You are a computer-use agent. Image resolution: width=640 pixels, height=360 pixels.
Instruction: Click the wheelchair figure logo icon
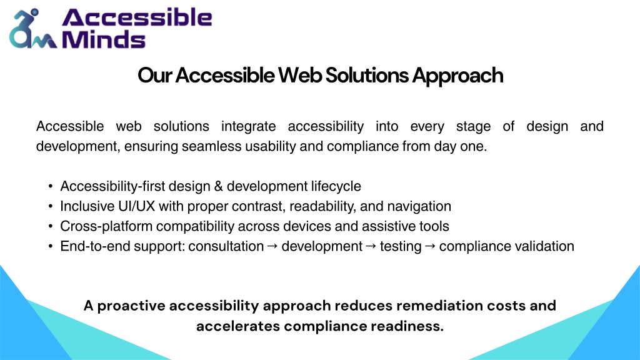coord(32,29)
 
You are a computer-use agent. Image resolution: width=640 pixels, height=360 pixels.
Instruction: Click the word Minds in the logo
coord(104,39)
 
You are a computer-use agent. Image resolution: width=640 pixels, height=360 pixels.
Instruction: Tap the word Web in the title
coord(300,76)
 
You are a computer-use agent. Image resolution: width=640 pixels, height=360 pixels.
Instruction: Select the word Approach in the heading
coord(457,76)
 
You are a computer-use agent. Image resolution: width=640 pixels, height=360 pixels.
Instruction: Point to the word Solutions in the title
coord(367,76)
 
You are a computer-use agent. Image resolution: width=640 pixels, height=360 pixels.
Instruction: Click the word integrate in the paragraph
coord(249,126)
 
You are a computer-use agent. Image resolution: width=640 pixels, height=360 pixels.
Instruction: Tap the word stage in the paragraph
coord(474,127)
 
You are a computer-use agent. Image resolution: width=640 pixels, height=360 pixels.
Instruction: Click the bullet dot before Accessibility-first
coord(50,186)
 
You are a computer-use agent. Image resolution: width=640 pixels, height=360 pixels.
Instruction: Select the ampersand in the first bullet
coord(218,186)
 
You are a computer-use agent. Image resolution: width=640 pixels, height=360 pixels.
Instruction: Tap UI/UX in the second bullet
coord(137,206)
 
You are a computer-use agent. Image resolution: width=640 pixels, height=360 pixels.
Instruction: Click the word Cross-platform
coord(106,226)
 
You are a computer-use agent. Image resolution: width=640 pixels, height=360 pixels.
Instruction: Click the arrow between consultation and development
coord(272,246)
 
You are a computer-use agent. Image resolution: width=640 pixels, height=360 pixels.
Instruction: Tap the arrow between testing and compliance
coord(430,246)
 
